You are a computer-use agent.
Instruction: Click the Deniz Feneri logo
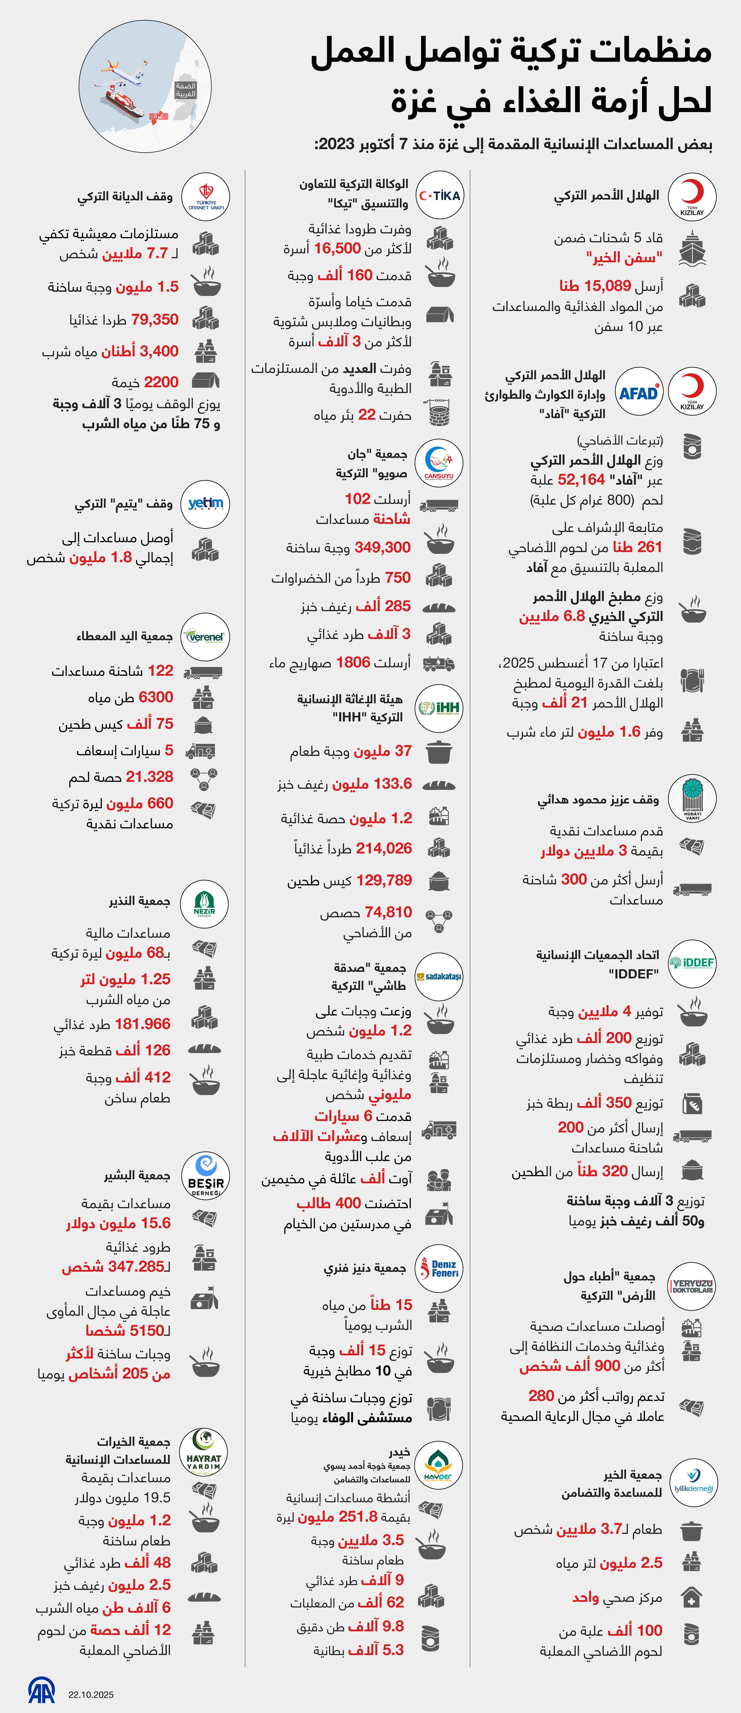pos(438,1268)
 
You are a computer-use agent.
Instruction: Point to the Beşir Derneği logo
pos(205,1176)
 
